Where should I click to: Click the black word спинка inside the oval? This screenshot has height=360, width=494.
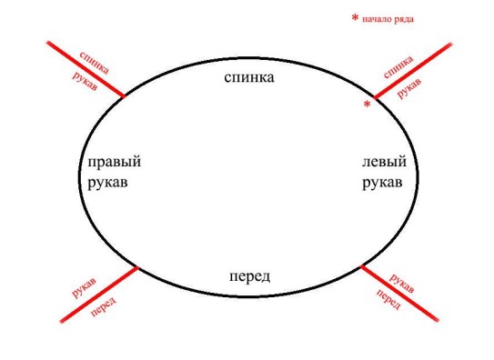[x=249, y=77]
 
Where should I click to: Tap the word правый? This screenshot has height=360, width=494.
[x=114, y=164]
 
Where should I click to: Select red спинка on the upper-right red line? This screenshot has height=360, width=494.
[x=398, y=65]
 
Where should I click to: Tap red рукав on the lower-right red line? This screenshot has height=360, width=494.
[x=402, y=282]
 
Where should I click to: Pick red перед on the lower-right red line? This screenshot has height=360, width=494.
[x=389, y=300]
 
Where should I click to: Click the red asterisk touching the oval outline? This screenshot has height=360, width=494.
[x=367, y=105]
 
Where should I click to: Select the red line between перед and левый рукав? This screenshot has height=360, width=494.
[x=400, y=293]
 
